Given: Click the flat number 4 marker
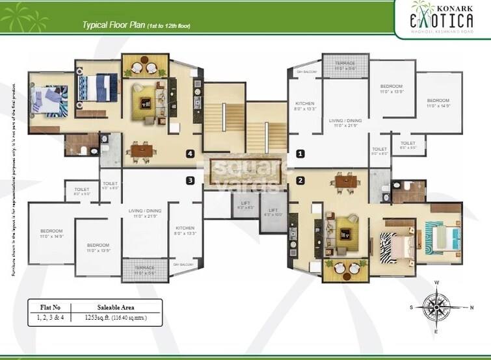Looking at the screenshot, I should (190, 154).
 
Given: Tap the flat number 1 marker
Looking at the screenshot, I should (300, 154).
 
